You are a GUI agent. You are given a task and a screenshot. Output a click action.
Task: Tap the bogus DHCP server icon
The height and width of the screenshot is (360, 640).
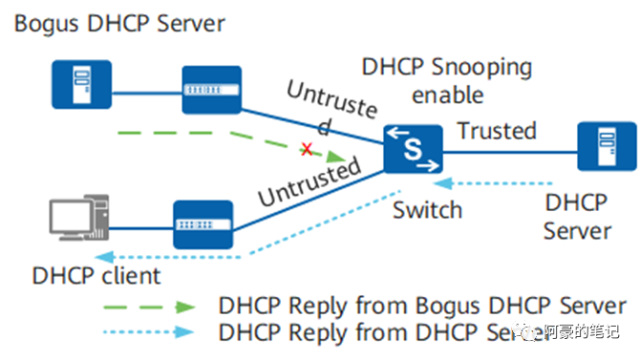click(81, 85)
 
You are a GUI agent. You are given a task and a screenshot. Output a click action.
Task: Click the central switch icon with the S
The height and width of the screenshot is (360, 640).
click(414, 150)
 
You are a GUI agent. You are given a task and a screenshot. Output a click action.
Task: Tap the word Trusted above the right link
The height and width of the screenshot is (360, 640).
click(496, 130)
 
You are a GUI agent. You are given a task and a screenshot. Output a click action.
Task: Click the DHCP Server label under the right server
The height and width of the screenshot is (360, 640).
click(577, 217)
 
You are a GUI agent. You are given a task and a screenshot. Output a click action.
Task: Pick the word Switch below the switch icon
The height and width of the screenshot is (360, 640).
click(427, 209)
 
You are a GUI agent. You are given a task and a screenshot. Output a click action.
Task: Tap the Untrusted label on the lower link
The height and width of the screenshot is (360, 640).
click(309, 181)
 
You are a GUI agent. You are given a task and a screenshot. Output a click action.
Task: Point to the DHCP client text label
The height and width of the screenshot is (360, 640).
click(96, 276)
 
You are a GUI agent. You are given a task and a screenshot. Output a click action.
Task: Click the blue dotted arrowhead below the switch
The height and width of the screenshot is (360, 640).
click(441, 180)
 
